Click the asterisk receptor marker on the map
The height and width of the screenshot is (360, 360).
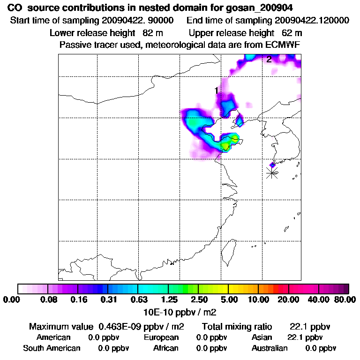point(272,172)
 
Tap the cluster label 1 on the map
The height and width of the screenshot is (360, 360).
point(216,90)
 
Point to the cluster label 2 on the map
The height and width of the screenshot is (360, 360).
point(269,59)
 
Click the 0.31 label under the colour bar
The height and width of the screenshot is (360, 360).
point(108,300)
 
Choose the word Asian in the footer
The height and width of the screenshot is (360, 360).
point(262,337)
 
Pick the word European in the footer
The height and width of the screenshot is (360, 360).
point(161,337)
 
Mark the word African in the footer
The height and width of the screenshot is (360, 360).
point(166,348)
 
